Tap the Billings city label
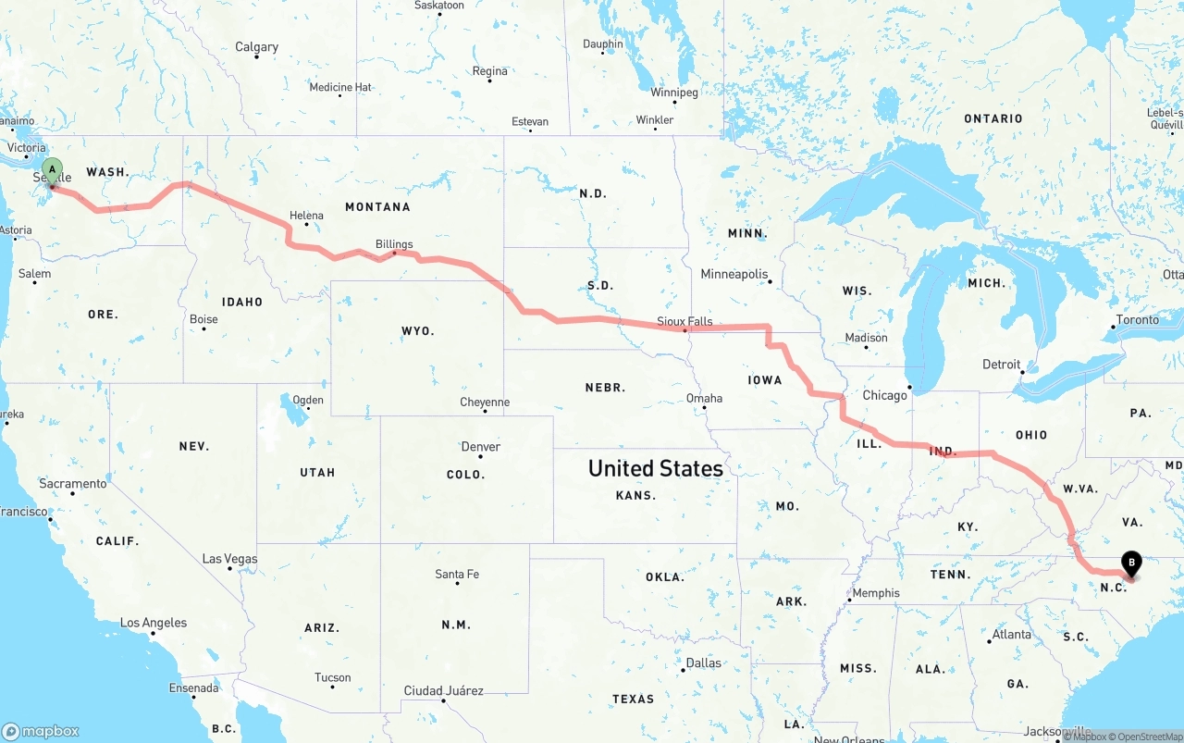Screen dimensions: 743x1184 (x=394, y=244)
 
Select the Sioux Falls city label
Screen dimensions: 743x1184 (x=684, y=321)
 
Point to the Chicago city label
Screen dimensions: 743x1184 (x=885, y=395)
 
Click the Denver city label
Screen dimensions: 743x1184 (x=481, y=447)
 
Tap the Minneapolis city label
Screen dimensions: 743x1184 (x=734, y=274)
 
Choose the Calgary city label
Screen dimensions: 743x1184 (x=256, y=47)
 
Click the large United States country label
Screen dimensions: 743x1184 (x=656, y=468)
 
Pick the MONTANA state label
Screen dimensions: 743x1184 (x=377, y=207)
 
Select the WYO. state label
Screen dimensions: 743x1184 (x=417, y=330)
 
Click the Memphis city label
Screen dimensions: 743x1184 (x=875, y=593)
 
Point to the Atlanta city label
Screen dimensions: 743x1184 (x=1011, y=635)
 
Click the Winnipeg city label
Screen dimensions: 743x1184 (x=674, y=93)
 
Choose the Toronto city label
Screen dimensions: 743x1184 (x=1137, y=320)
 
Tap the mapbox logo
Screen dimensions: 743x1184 (x=41, y=731)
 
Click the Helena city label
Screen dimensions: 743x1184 (x=306, y=216)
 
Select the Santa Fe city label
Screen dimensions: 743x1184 (x=457, y=575)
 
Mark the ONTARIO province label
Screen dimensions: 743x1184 (x=993, y=118)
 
